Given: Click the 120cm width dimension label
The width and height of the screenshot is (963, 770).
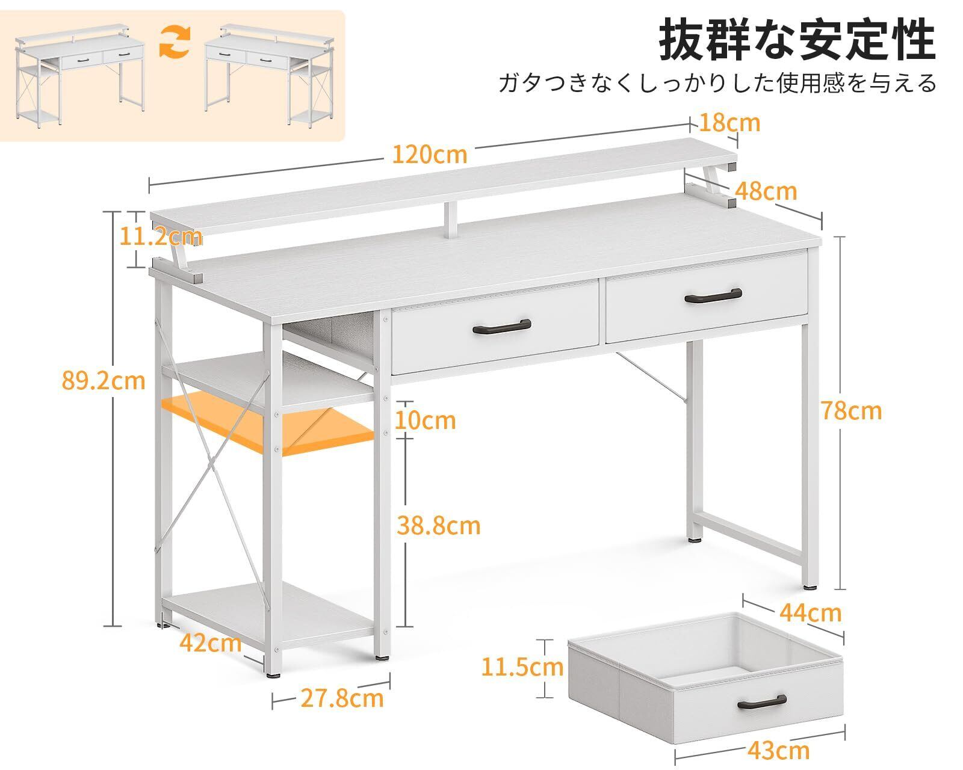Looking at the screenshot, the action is pyautogui.click(x=429, y=155).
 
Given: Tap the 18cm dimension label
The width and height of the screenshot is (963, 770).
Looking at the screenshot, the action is pyautogui.click(x=730, y=123).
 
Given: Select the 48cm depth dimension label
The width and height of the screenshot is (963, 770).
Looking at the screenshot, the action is pyautogui.click(x=766, y=191).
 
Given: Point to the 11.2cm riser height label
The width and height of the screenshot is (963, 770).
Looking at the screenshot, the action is pyautogui.click(x=159, y=237).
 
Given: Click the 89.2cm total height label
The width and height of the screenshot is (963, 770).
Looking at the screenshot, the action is pyautogui.click(x=104, y=380).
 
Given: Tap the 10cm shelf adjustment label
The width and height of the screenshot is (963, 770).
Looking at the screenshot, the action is pyautogui.click(x=425, y=419).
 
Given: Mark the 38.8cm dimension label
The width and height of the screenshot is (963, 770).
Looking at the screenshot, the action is pyautogui.click(x=439, y=526).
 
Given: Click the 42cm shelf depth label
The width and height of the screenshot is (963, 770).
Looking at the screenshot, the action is pyautogui.click(x=210, y=643).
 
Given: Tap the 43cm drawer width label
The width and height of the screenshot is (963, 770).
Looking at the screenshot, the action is pyautogui.click(x=779, y=750).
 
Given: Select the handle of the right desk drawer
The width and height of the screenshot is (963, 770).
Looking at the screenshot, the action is pyautogui.click(x=713, y=295).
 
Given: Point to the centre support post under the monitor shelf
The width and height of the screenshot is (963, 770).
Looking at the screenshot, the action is pyautogui.click(x=451, y=220).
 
